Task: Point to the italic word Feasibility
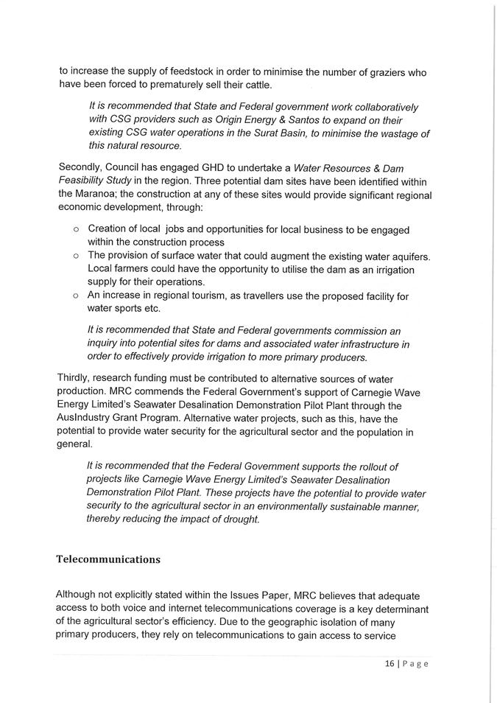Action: click(85, 181)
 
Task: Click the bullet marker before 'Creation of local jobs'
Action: click(77, 230)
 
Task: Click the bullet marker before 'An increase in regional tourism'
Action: click(77, 295)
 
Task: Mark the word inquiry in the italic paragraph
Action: click(105, 344)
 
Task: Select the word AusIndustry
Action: click(88, 418)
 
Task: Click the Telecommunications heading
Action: click(108, 559)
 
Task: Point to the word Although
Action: click(80, 595)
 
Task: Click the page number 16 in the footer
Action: click(390, 663)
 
